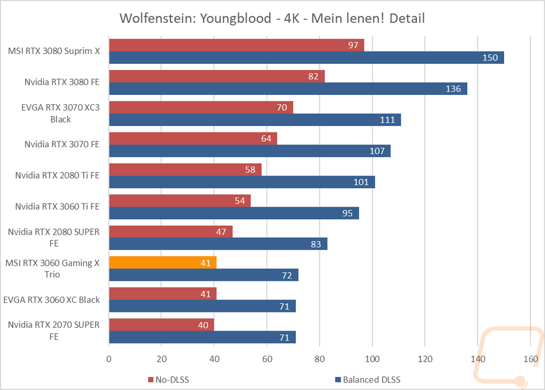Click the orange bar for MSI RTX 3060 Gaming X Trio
point(162,263)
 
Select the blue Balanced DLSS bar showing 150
point(306,57)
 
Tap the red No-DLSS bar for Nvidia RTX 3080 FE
point(217,76)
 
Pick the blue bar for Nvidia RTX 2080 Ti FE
point(242,182)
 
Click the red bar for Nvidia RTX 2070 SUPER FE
point(161,325)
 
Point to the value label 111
point(387,120)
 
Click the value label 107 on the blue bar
point(377,151)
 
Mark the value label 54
point(240,201)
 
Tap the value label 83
point(316,244)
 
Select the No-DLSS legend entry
point(168,380)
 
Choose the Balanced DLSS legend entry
point(368,380)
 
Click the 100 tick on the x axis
point(372,359)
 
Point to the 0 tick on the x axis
point(109,359)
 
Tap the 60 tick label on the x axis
point(267,359)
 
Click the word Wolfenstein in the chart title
point(158,19)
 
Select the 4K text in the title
point(292,19)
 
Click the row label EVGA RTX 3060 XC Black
point(51,300)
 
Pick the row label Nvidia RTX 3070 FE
point(62,145)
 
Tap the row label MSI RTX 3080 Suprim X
point(54,51)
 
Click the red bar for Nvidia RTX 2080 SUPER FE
point(171,232)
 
